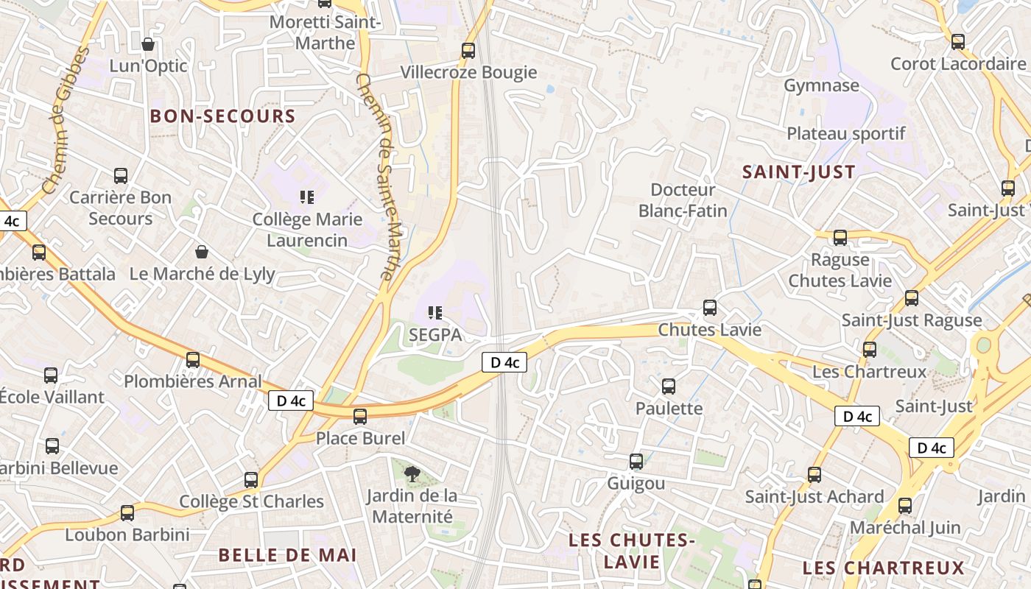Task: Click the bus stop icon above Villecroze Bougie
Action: click(x=468, y=51)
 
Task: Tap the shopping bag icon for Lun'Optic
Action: click(x=148, y=44)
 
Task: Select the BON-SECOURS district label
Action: click(x=222, y=116)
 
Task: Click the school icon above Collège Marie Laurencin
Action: click(x=306, y=197)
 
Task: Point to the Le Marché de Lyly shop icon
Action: click(x=201, y=252)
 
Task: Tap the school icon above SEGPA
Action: click(x=435, y=313)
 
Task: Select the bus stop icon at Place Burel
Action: click(x=360, y=417)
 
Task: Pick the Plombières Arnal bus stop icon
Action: click(x=193, y=360)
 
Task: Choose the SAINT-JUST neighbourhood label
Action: click(x=799, y=172)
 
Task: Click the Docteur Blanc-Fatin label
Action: click(x=683, y=200)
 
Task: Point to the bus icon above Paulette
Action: click(x=669, y=386)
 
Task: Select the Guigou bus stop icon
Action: click(x=636, y=462)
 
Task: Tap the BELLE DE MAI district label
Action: click(x=288, y=555)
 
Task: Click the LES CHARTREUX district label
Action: click(x=883, y=568)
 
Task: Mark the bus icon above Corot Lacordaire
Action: click(x=958, y=42)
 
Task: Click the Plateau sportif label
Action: click(x=846, y=134)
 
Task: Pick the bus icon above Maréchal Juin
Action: click(x=905, y=506)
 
